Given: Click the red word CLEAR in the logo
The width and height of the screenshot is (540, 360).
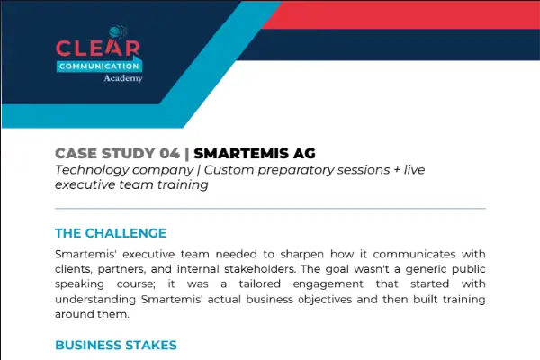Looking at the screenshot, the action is click(x=98, y=49).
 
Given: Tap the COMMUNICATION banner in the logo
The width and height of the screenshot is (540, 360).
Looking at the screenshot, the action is click(x=99, y=66).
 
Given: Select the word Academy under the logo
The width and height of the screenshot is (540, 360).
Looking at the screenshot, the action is click(x=123, y=78).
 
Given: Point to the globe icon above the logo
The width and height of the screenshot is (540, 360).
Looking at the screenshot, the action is click(x=117, y=32).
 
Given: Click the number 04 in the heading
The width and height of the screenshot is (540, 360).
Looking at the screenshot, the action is click(x=170, y=154).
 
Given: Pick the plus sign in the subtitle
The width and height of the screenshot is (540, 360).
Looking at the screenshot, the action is click(x=397, y=170).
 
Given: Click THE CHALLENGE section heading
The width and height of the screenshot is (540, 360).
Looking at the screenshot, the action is click(x=111, y=233).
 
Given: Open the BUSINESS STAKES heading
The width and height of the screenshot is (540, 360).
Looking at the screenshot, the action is click(x=116, y=345).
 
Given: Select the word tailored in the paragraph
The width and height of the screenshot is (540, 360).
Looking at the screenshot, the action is click(x=260, y=283).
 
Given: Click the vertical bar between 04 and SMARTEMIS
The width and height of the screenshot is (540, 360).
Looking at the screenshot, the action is click(x=187, y=154).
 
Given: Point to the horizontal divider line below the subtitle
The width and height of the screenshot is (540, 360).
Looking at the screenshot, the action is click(x=270, y=209).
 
